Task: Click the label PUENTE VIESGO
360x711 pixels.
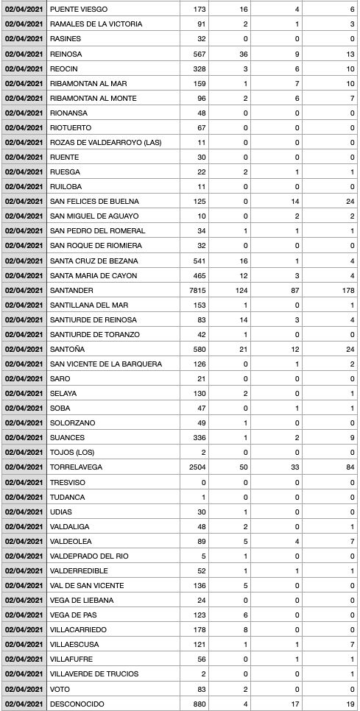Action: coord(78,9)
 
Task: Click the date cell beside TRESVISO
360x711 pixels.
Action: coord(24,481)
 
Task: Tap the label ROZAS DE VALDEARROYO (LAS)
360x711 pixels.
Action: coord(105,142)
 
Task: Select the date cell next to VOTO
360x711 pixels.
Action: coord(24,689)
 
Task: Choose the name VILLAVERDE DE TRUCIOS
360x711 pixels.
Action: coord(95,674)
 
